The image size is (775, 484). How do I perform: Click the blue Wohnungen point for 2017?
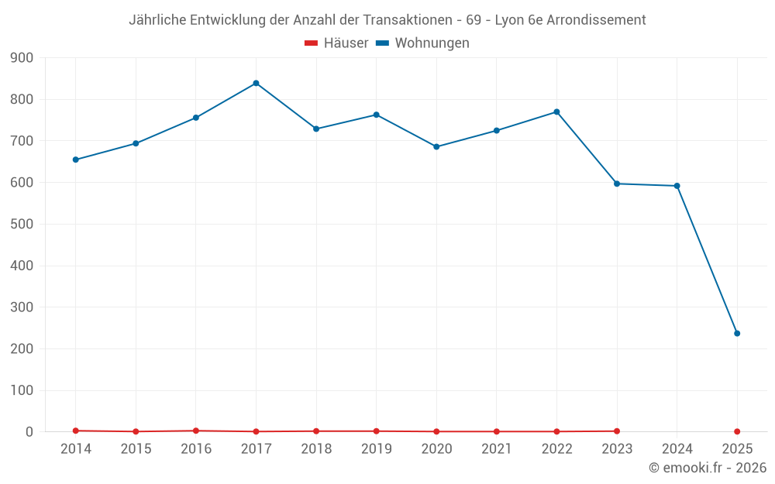[x=256, y=83]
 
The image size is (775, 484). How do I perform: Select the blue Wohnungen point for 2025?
[x=737, y=333]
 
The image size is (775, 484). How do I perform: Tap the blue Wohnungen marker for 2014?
[x=75, y=160]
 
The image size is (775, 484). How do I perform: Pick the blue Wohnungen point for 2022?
[x=556, y=112]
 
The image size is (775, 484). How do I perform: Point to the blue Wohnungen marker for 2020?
[x=436, y=146]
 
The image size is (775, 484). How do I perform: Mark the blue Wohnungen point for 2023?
[x=617, y=184]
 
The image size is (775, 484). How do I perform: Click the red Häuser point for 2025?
[x=737, y=431]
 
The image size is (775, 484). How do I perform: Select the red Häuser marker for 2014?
[x=75, y=431]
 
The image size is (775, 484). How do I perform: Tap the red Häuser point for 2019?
[x=376, y=431]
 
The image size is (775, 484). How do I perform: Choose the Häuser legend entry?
[x=336, y=43]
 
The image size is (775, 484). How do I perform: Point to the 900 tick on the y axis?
[x=22, y=57]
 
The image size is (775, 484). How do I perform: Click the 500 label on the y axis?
[x=22, y=224]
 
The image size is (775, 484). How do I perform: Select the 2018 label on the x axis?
[x=316, y=449]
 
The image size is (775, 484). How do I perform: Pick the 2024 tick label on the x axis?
[x=677, y=449]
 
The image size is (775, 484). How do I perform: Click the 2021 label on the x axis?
[x=497, y=449]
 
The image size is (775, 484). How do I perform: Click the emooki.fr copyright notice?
[x=707, y=468]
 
